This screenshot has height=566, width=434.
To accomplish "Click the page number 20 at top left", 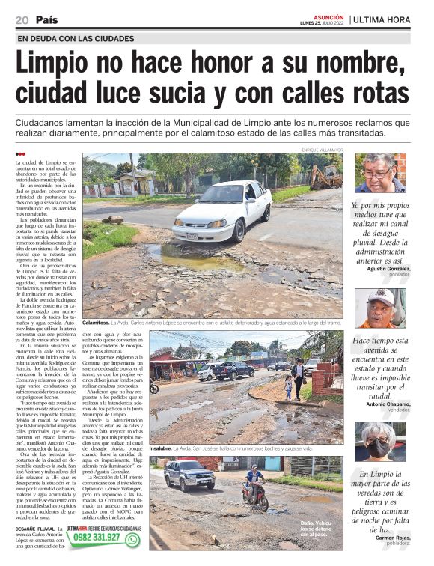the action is pos(21,19).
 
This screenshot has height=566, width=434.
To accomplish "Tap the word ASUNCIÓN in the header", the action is pos(329,16).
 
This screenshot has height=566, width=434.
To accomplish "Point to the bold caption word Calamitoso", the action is pos(97,323).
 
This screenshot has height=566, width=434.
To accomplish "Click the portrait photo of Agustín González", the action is pos(380,174).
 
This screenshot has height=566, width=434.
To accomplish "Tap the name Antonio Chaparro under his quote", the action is pos(388,405).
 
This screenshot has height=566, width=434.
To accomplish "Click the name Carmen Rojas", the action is pos(392,538).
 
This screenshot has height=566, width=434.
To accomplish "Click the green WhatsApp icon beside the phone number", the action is pos(133,539).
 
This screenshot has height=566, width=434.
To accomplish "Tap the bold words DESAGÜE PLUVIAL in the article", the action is pos(34,529).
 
